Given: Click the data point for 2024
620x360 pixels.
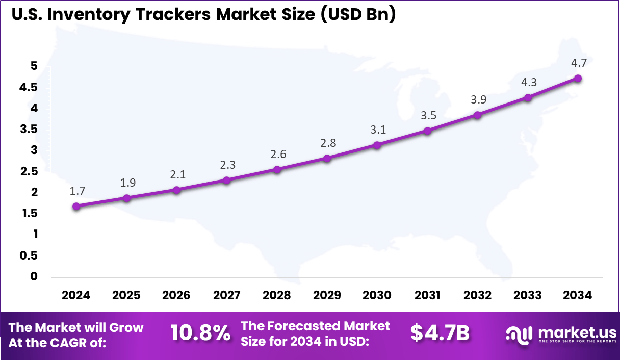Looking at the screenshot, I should [76, 207].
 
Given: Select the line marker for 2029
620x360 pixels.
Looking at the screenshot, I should [327, 158].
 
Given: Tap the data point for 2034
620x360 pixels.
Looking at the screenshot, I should [578, 79].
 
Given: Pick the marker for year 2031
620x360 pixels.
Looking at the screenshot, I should [427, 131].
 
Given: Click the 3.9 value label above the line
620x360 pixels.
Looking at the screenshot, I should [478, 100].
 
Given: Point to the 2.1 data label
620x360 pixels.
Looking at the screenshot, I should [177, 174].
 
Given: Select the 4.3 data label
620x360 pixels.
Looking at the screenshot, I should [528, 83].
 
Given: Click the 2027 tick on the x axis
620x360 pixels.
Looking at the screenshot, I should [227, 295].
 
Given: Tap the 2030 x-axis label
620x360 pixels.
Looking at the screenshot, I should [377, 295].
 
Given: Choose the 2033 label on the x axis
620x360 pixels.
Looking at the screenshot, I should [528, 295].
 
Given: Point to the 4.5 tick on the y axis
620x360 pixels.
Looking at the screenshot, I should [29, 87].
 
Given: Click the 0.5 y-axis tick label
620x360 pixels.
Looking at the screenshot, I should [29, 255].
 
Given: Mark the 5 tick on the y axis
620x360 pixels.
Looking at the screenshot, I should [34, 66].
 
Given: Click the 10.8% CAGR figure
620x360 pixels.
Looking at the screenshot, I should [200, 333].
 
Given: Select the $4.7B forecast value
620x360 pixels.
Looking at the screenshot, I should [440, 333].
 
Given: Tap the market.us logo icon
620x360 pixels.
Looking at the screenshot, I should [519, 334].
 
